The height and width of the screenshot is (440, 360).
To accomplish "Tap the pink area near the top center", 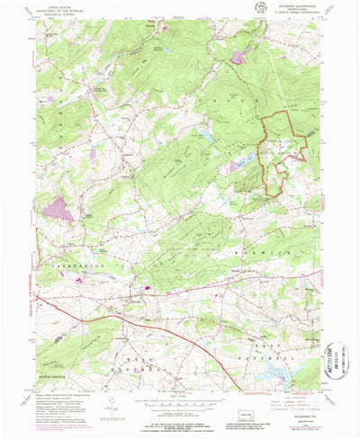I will coord(238,58).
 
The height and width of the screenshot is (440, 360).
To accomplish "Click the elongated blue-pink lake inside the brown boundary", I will coord(241,166).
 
